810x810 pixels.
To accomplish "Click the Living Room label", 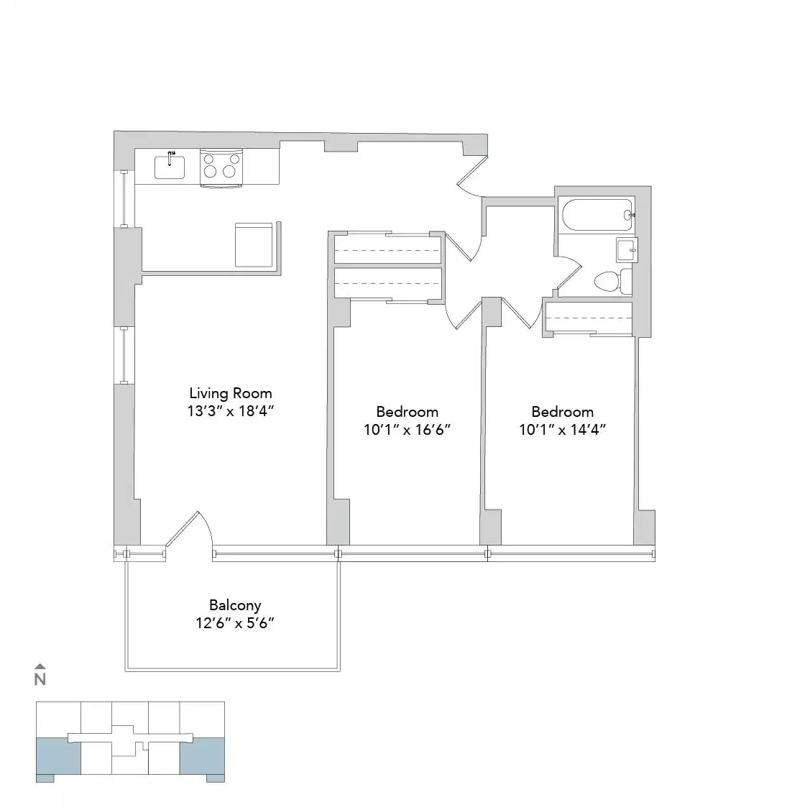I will point(231,393).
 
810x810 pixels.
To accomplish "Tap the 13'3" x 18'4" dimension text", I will point(231,411).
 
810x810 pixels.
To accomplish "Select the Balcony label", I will point(235,605).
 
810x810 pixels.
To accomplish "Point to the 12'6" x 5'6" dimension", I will point(235,623).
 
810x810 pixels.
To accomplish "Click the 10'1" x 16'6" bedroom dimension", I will point(407,430).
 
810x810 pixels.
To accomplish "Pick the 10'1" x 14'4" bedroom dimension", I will point(562,430).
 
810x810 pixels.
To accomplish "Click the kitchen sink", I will point(170,167).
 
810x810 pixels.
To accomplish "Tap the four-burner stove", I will point(221,166).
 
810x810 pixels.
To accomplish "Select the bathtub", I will point(597,214).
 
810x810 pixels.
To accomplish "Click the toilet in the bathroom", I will point(609,281).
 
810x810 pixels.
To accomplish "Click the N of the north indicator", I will point(40,678).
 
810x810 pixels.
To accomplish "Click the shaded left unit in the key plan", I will point(58,755).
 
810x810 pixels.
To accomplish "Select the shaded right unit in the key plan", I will point(202,755).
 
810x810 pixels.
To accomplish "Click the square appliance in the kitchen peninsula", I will point(254,244).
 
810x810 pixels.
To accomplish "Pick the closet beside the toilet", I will point(588,317).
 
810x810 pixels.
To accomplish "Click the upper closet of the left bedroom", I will point(387,249).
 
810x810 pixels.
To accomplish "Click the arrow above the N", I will point(40,666).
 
